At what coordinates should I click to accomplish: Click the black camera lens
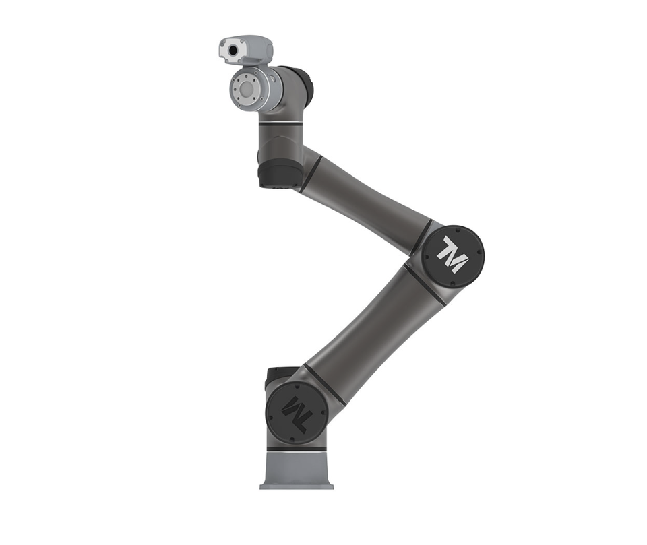[233, 51]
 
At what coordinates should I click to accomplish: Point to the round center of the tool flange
[247, 89]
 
